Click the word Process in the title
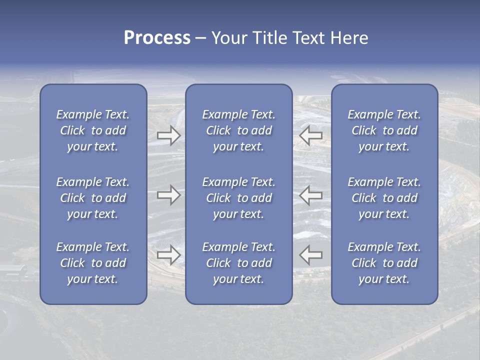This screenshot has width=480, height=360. pos(157,38)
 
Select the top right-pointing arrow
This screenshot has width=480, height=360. pos(168,135)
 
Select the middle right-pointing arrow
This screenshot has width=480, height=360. pos(168,195)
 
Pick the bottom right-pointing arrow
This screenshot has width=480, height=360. pos(168,254)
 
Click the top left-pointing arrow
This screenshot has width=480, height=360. pos(310,135)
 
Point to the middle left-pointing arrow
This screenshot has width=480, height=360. pos(310,195)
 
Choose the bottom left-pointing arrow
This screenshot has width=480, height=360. pos(310,254)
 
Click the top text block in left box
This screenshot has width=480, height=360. pos(93,130)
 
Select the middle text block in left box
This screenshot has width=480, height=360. pos(93,198)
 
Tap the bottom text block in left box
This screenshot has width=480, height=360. pos(93,263)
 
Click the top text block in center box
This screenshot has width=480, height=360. pos(238,130)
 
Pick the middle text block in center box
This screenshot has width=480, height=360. pos(238,198)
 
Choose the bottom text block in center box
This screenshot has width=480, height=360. pos(238,263)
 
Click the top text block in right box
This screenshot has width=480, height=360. pos(384,130)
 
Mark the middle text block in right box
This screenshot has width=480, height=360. pos(384,198)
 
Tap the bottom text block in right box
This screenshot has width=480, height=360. pos(384,263)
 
